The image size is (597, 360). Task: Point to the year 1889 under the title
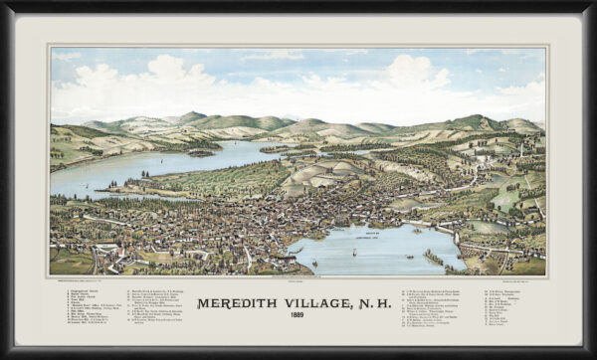pos(298,318)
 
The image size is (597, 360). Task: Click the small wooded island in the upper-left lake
pos(202,152)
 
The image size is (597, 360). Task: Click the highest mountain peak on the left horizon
pos(192,115)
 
